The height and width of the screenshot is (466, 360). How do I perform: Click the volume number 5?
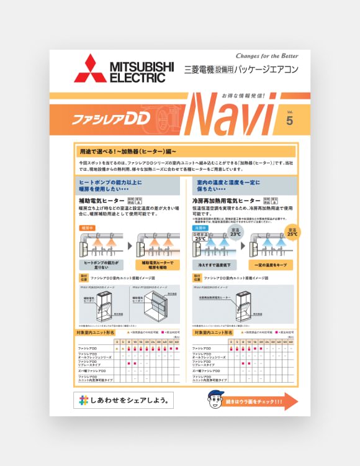pyautogui.click(x=289, y=121)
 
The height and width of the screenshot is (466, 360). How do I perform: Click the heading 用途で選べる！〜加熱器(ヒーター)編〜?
pyautogui.click(x=128, y=151)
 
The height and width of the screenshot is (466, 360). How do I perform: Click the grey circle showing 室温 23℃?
pyautogui.click(x=235, y=234)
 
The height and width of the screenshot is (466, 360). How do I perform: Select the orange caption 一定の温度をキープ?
pyautogui.click(x=270, y=264)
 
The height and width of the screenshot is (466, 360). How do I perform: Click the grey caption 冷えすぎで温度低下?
pyautogui.click(x=210, y=264)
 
